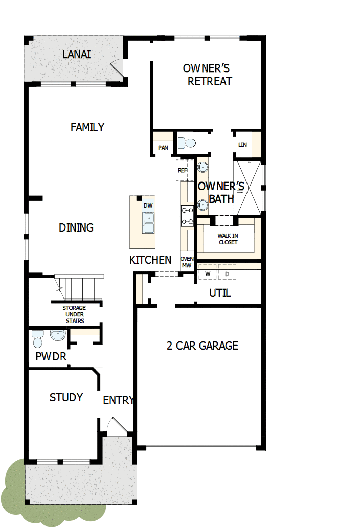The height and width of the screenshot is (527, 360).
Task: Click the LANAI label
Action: pos(77,54)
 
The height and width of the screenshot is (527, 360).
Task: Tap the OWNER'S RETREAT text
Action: pos(210,75)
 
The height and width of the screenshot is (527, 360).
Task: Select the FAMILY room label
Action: pos(87,127)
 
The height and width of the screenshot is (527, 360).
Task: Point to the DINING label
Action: pos(76,227)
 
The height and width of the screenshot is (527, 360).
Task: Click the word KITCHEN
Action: pos(150,260)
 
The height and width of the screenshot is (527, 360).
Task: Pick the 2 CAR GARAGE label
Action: pos(202,346)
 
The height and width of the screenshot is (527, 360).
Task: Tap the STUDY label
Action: pos(66,397)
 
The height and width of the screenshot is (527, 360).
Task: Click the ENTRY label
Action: pos(118,400)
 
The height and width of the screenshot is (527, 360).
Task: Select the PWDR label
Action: pos(51,357)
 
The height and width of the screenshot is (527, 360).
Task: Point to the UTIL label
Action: pos(220,293)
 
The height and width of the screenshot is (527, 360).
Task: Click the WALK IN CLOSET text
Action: pos(228,239)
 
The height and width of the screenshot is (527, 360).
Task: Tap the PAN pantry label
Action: pos(163,148)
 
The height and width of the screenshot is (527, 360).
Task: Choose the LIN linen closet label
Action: pos(242,145)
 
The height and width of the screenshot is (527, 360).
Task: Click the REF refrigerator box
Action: pos(183,170)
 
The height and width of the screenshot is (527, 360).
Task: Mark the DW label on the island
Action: pos(148,205)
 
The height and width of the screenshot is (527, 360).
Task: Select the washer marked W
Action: pos(208,273)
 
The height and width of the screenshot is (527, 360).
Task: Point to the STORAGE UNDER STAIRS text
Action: pos(74,314)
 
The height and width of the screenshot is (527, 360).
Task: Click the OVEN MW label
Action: pos(186,262)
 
